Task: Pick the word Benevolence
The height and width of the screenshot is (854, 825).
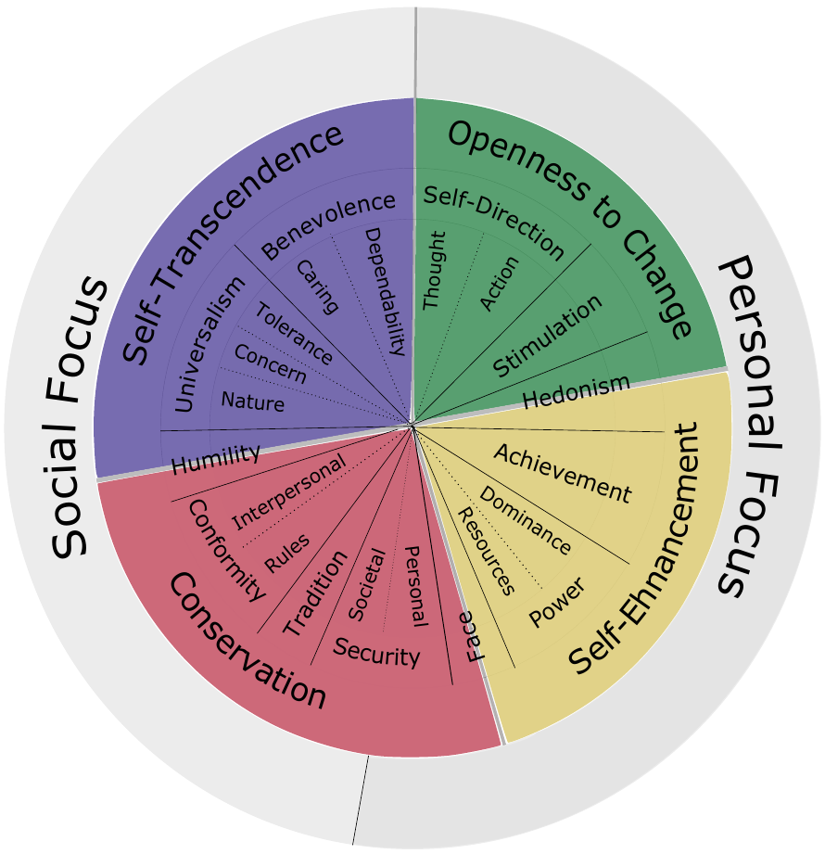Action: [x=328, y=225]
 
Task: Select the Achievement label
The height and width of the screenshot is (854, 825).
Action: [x=562, y=472]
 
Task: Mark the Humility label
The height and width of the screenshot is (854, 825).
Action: [x=215, y=456]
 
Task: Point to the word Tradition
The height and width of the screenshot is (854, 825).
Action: [x=315, y=593]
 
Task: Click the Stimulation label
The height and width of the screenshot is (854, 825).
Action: [x=547, y=336]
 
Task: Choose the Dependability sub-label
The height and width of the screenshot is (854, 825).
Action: [x=385, y=291]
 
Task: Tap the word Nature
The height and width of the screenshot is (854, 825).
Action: [x=252, y=402]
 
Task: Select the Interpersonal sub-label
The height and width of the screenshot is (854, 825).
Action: [x=289, y=491]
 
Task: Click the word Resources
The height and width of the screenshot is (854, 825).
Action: [x=487, y=551]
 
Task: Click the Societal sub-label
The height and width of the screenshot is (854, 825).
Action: [x=366, y=585]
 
